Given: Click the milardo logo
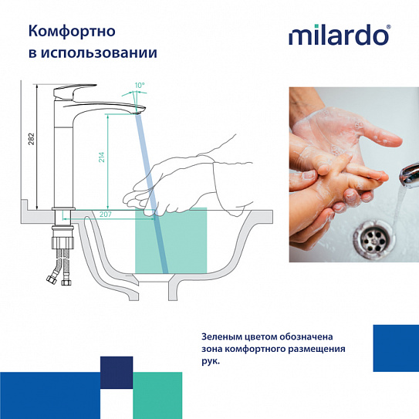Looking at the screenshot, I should (340, 36).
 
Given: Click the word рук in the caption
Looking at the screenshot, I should (209, 361).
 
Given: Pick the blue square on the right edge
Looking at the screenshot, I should (395, 349).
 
